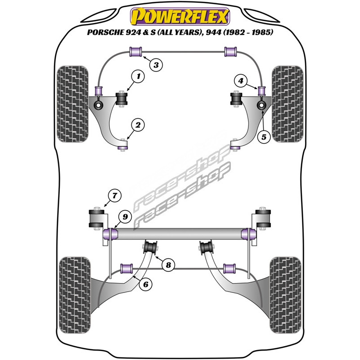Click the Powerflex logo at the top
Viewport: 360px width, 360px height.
180,17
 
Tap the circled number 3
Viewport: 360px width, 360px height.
156,66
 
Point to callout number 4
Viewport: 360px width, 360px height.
241,81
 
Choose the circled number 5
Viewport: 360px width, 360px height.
265,135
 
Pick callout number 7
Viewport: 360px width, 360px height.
115,196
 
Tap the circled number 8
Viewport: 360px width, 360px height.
168,265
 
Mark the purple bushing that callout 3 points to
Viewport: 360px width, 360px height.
136,52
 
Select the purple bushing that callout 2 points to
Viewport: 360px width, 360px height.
122,145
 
